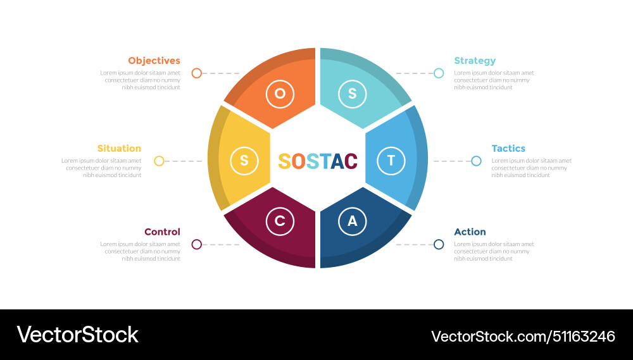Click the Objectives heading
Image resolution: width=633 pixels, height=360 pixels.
pos(154,61)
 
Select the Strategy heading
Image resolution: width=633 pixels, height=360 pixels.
pos(475,61)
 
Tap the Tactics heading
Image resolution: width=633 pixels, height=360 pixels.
pos(508,148)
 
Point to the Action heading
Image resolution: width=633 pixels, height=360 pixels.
pos(470,232)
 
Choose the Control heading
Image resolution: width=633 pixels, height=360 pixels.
pos(162,232)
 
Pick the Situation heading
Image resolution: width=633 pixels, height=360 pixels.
pos(119,148)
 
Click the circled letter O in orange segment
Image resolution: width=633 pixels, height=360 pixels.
pos(280,94)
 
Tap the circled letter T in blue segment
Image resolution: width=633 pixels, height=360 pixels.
pos(391,161)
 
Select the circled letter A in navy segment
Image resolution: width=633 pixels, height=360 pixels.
pos(353,221)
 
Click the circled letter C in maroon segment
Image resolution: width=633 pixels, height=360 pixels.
pos(280,221)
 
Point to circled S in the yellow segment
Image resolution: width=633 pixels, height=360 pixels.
pos(244,161)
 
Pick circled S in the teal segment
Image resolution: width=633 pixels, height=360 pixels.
pos(353,94)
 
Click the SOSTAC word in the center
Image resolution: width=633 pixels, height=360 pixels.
pos(318,161)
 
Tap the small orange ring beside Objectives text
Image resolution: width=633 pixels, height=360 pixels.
pos(196,73)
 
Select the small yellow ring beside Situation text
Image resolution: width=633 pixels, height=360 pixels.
pos(159,161)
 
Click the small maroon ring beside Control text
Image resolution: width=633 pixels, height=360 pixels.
pos(196,244)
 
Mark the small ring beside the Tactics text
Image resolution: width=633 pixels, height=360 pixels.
pos(476,161)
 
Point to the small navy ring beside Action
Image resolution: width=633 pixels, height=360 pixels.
pos(439,244)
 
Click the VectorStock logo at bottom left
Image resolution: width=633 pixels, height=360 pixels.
pos(77,335)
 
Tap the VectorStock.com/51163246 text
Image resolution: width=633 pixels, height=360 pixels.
pos(523,336)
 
